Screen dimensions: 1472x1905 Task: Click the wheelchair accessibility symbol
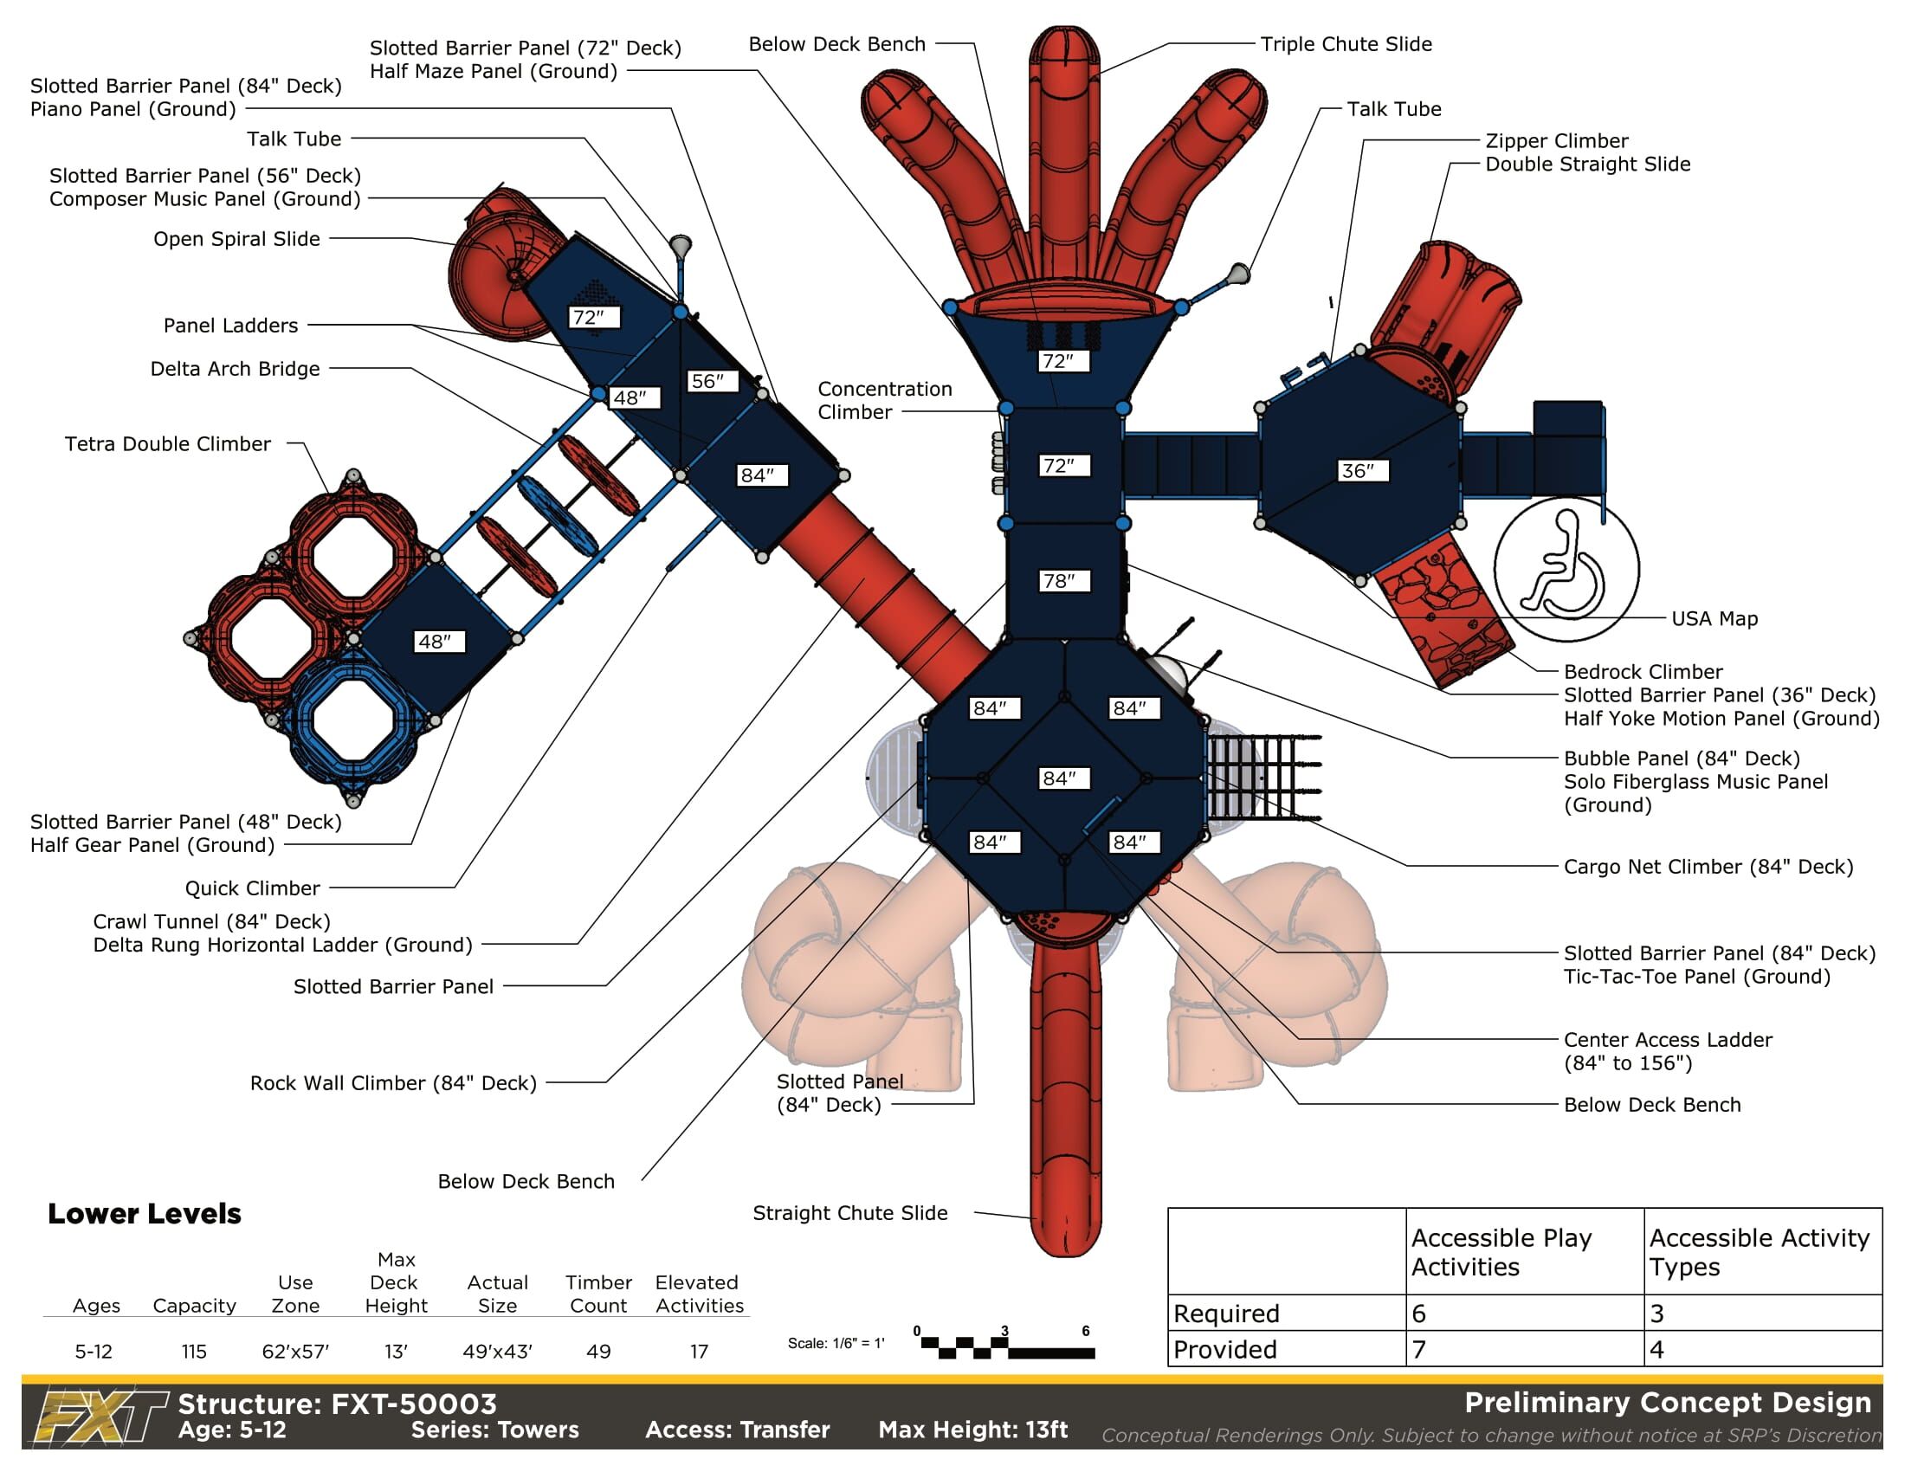click(x=1566, y=569)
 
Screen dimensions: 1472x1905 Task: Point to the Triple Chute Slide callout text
click(x=1346, y=44)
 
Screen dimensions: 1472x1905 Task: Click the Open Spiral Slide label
click(x=236, y=239)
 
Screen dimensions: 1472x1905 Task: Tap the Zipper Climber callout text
click(x=1556, y=141)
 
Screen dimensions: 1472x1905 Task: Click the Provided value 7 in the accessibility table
click(x=1419, y=1349)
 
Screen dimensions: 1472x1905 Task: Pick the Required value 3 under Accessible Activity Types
click(x=1657, y=1314)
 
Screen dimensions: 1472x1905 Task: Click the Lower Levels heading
click(x=144, y=1214)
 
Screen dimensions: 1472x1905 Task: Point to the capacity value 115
click(x=194, y=1352)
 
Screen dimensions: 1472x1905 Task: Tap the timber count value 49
click(x=597, y=1352)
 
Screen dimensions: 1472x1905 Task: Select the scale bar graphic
click(x=1006, y=1347)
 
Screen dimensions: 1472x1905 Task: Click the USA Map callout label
click(x=1714, y=619)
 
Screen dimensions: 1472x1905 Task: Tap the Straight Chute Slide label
click(x=849, y=1213)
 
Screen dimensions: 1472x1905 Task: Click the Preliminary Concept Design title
click(x=1668, y=1402)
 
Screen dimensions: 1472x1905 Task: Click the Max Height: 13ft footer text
click(x=972, y=1430)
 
